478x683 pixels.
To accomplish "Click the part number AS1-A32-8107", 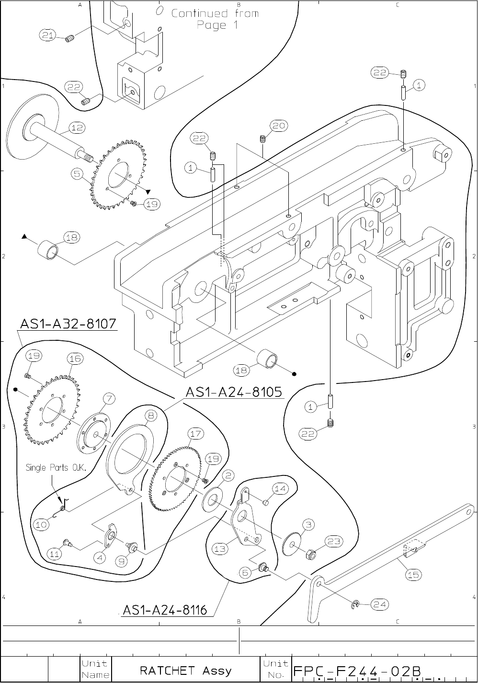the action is (x=68, y=324).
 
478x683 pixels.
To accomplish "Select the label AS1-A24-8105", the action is (x=234, y=392).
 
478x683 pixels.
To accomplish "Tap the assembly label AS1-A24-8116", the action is (x=165, y=610).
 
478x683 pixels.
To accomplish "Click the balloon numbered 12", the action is (x=77, y=127).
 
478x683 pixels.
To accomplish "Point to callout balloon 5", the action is (x=77, y=174).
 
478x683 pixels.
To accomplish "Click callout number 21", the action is (x=47, y=35).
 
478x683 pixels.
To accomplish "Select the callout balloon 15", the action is (x=413, y=575).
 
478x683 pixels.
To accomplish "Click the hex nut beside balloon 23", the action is (x=310, y=553).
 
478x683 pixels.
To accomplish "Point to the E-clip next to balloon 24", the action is (x=355, y=605).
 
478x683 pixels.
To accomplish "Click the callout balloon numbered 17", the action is (x=195, y=434).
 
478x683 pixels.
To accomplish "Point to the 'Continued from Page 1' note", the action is (x=216, y=19).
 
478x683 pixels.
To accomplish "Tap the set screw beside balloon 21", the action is (x=70, y=39).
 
